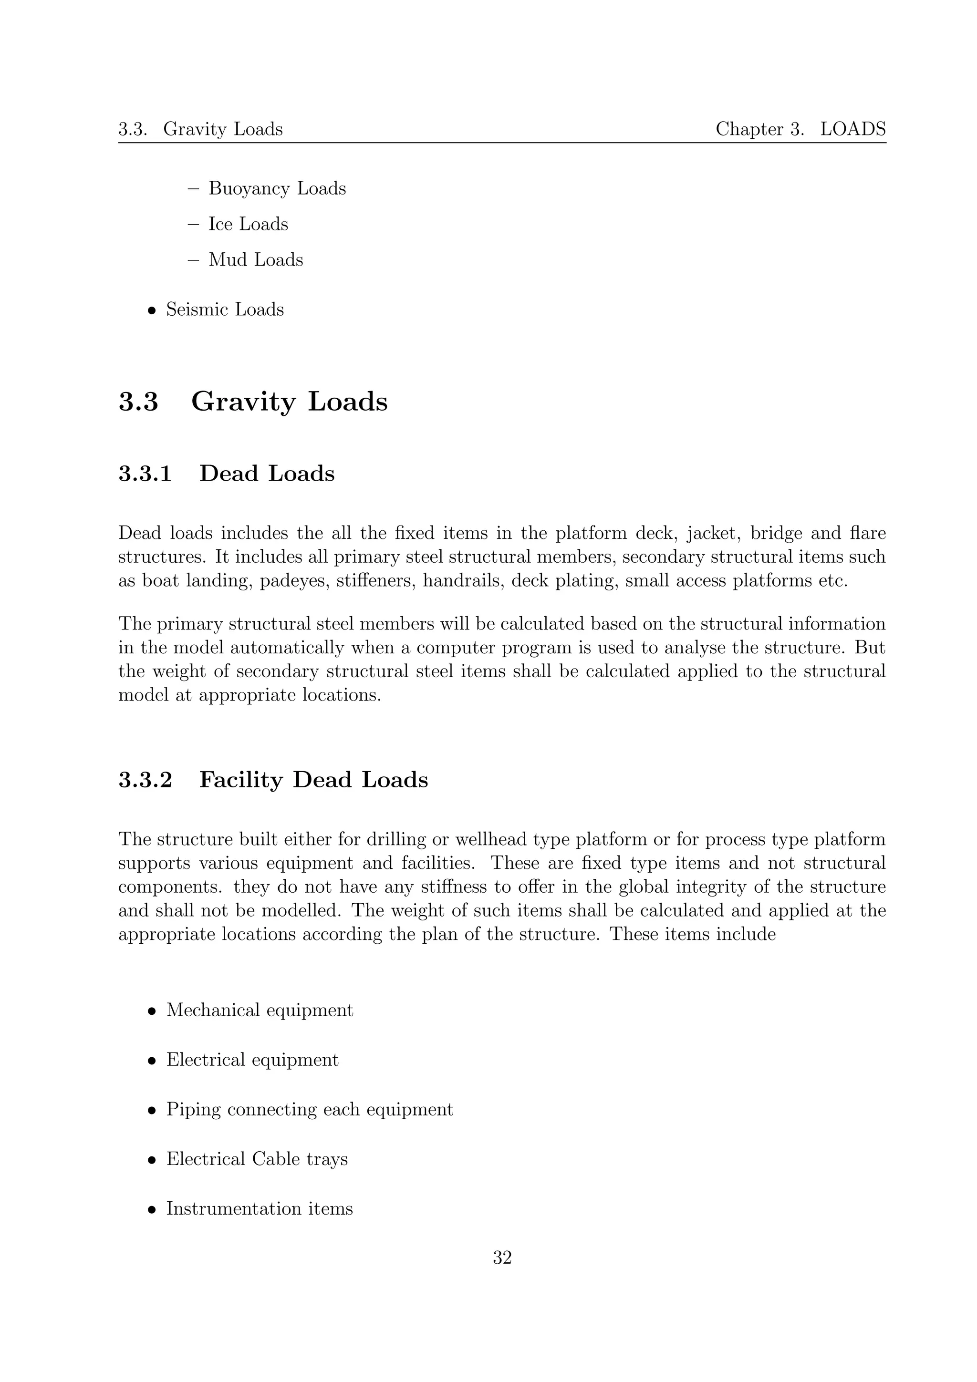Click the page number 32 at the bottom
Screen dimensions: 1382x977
tap(502, 1258)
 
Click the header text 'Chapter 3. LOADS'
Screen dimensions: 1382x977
tap(800, 129)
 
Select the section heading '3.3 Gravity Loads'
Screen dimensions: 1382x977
tap(253, 402)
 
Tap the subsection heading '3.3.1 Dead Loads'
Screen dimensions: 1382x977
tap(226, 473)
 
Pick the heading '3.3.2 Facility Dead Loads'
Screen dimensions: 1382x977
tap(273, 780)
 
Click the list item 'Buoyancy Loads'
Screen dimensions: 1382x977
tap(277, 188)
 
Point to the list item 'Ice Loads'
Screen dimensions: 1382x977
tap(248, 224)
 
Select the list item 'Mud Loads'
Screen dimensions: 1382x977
tap(255, 259)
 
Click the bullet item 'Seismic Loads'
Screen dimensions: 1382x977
tap(225, 309)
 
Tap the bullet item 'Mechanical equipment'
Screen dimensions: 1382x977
tap(260, 1010)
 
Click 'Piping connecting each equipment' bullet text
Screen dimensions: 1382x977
tap(310, 1109)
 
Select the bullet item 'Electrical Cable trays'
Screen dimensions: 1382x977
tap(257, 1159)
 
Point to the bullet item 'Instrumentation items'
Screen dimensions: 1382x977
tap(260, 1208)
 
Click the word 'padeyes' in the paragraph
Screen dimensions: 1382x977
tap(294, 581)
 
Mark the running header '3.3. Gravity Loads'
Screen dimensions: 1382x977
tap(200, 129)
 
